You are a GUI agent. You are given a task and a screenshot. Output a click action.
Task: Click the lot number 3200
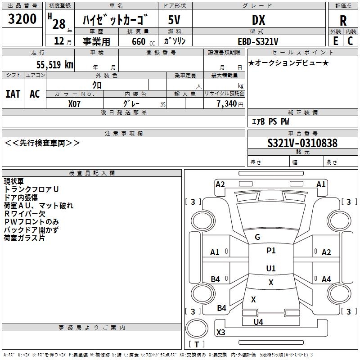coord(22,19)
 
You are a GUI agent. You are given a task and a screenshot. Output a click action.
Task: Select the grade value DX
coord(258,20)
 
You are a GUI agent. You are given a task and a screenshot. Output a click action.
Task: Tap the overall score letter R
coord(343,21)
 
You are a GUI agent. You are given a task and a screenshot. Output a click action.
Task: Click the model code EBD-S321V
coord(258,41)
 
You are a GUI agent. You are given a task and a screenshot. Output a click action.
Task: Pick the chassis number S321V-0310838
coord(302,143)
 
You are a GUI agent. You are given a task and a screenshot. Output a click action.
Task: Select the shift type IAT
coord(13,94)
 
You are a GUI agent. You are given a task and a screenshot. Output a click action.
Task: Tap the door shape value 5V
coord(175,20)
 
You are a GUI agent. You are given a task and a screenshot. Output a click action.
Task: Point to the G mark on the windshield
coord(257,237)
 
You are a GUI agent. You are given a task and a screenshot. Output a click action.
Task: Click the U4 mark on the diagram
coord(258,322)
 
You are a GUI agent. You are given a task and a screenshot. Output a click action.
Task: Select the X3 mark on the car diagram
coord(220,333)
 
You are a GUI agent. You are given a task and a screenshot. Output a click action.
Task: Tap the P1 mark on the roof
coord(271,251)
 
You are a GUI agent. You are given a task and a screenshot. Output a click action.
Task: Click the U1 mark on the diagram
coord(270,268)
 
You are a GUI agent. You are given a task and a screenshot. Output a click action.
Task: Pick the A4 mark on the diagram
coord(326,279)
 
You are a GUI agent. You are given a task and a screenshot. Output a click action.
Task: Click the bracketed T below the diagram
coord(197,344)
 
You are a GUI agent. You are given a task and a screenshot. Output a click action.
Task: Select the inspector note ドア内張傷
coord(21,198)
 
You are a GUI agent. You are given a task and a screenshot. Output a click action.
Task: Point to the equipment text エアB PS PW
coord(270,121)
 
